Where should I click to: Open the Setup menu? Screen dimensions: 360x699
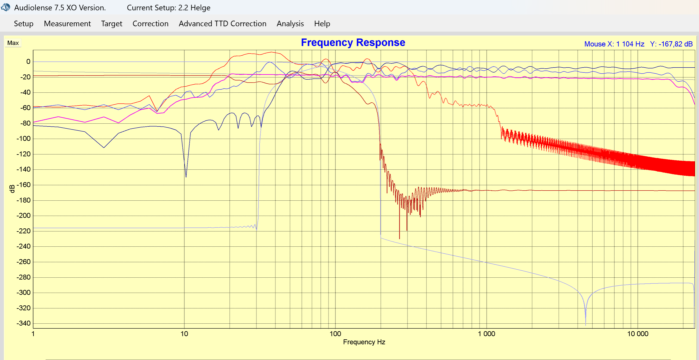23,24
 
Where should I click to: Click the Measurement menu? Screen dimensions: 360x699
67,24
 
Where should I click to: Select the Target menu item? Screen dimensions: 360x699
111,24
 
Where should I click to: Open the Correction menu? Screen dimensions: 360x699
150,24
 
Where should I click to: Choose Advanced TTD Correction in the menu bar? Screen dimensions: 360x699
222,24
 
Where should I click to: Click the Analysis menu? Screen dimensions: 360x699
290,24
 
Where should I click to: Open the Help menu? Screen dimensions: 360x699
322,24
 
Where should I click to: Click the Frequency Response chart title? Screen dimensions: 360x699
353,43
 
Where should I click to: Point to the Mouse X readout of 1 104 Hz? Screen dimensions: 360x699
614,44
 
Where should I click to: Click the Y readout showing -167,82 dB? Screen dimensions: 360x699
671,44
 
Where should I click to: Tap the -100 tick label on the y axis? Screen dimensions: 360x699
23,139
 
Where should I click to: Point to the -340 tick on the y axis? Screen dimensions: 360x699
23,323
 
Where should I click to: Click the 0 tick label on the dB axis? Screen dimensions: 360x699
28,62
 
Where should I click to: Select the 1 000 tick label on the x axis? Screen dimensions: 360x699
486,334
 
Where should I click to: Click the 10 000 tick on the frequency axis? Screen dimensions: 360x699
637,334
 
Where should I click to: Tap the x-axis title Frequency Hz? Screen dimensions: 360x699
364,342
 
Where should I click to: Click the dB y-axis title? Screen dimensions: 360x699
12,189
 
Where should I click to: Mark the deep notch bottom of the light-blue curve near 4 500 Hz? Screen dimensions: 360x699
586,324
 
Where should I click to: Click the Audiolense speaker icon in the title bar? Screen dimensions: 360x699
6,7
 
